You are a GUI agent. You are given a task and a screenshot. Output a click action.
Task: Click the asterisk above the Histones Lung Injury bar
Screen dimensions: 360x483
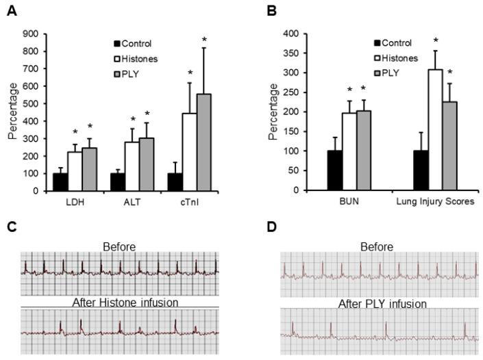[435, 41]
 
